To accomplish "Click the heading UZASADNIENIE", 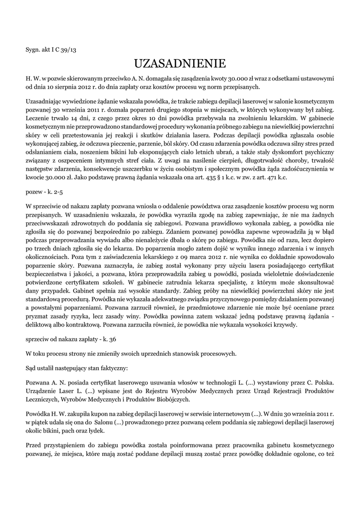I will pyautogui.click(x=180, y=63).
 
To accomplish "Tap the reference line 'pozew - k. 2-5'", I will pyautogui.click(x=44, y=190).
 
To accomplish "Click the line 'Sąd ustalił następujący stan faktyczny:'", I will pyautogui.click(x=77, y=369).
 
